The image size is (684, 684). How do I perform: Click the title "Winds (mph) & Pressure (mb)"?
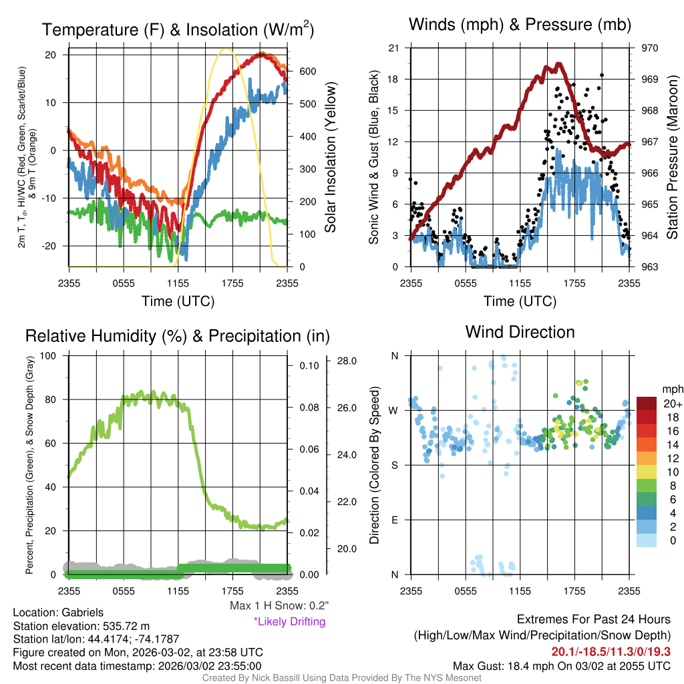(x=520, y=25)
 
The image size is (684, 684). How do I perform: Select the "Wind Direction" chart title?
(x=520, y=332)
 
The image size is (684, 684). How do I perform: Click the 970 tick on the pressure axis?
(x=650, y=48)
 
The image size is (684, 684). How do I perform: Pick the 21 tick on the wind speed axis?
(x=394, y=48)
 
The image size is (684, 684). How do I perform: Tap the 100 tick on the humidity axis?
(x=47, y=355)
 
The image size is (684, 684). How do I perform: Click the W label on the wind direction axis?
(x=394, y=410)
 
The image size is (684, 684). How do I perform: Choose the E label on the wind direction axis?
(x=394, y=520)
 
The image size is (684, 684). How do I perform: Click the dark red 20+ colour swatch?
(x=648, y=403)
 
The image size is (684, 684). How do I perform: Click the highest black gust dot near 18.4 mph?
(x=602, y=75)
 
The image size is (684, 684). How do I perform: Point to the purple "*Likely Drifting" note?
(x=289, y=621)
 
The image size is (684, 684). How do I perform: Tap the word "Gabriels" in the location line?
(x=83, y=612)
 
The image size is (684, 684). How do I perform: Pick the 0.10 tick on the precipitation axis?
(x=311, y=366)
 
